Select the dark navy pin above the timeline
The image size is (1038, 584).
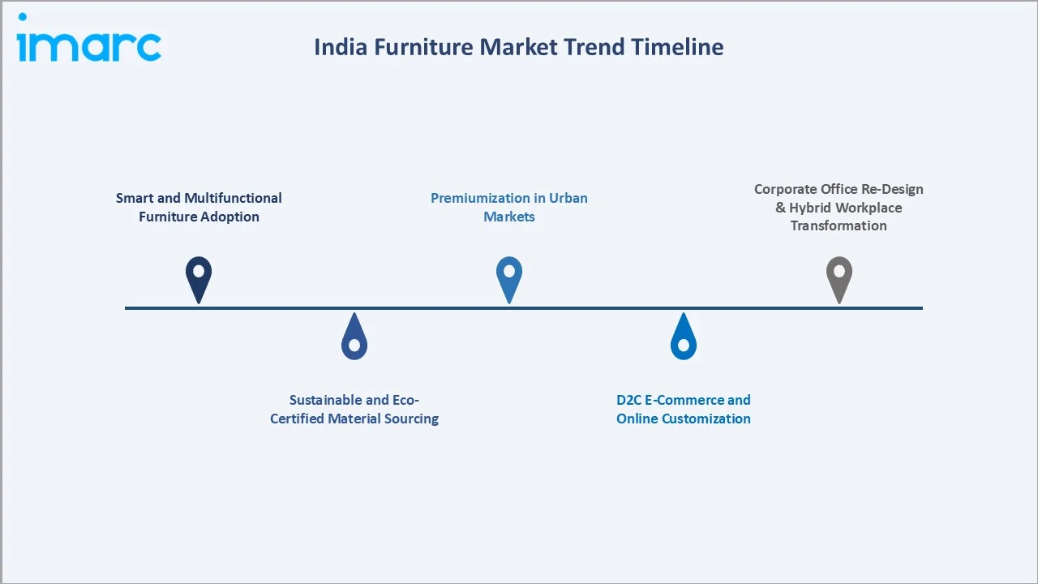tap(199, 277)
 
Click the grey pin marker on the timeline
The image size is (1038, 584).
tap(839, 277)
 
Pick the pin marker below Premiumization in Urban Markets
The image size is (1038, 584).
tap(509, 277)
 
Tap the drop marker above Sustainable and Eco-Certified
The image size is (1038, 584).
tap(354, 337)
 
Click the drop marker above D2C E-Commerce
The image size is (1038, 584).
tap(684, 337)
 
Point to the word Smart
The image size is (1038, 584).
tap(135, 198)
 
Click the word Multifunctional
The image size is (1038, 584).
tap(233, 198)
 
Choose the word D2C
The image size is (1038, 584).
tap(630, 400)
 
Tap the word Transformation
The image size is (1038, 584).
tap(839, 225)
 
